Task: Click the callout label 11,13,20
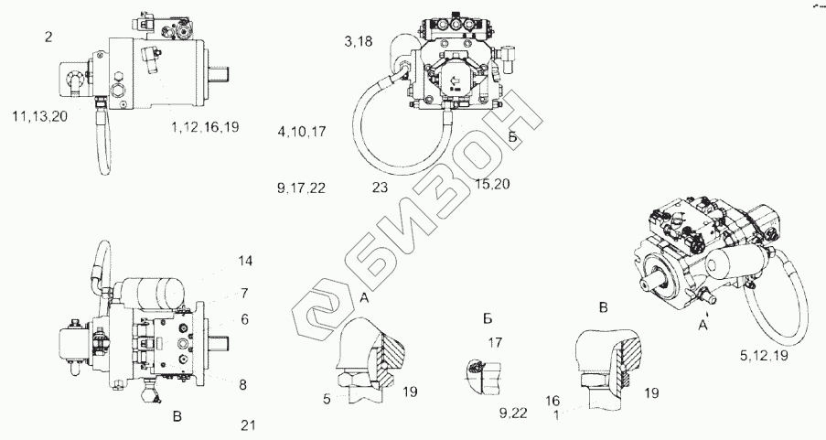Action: pos(40,116)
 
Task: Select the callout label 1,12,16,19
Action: pos(205,127)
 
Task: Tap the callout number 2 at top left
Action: pos(48,38)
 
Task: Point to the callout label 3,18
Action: pos(359,42)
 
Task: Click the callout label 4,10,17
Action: pos(302,132)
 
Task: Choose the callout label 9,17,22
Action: pos(301,188)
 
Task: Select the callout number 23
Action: pos(380,187)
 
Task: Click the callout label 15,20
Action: pos(492,184)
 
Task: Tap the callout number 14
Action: pos(245,261)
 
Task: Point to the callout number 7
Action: pos(244,294)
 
